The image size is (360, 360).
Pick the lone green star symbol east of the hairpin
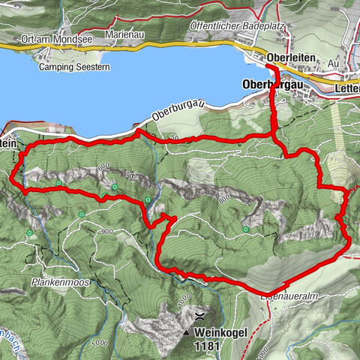point(245,229)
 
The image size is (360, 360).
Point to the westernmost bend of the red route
point(13,178)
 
